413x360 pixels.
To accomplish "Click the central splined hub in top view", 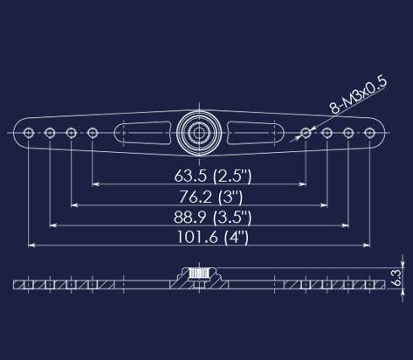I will point(199,133).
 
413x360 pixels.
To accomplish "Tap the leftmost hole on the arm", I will point(30,133).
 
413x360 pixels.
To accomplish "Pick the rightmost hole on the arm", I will point(369,133).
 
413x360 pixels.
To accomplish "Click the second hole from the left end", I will point(51,133).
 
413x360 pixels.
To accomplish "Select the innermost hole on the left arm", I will point(93,133).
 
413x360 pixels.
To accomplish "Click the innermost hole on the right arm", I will point(306,133).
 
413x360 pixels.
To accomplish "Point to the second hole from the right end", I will point(348,133).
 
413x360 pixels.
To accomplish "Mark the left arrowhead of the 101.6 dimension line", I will point(34,246).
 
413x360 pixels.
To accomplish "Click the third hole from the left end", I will point(72,133).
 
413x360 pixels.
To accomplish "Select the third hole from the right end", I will point(327,133).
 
